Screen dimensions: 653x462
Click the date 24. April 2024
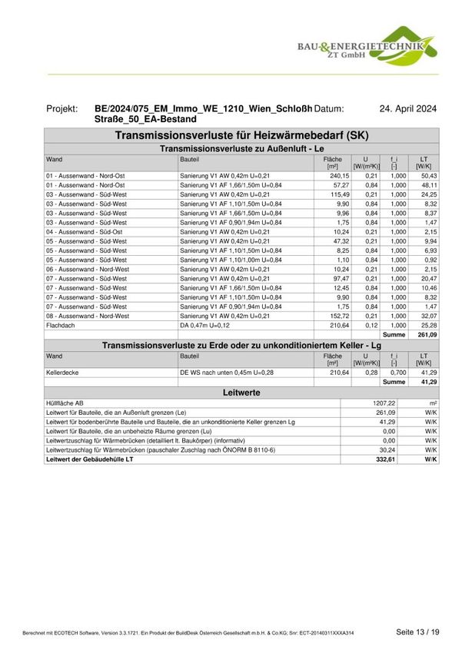(408, 110)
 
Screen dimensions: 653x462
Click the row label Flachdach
(60, 326)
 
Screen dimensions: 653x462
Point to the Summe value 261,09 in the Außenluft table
(427, 335)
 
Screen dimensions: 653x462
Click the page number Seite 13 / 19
(417, 631)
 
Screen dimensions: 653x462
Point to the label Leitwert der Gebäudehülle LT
(91, 459)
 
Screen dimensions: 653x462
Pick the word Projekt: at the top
(65, 110)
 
